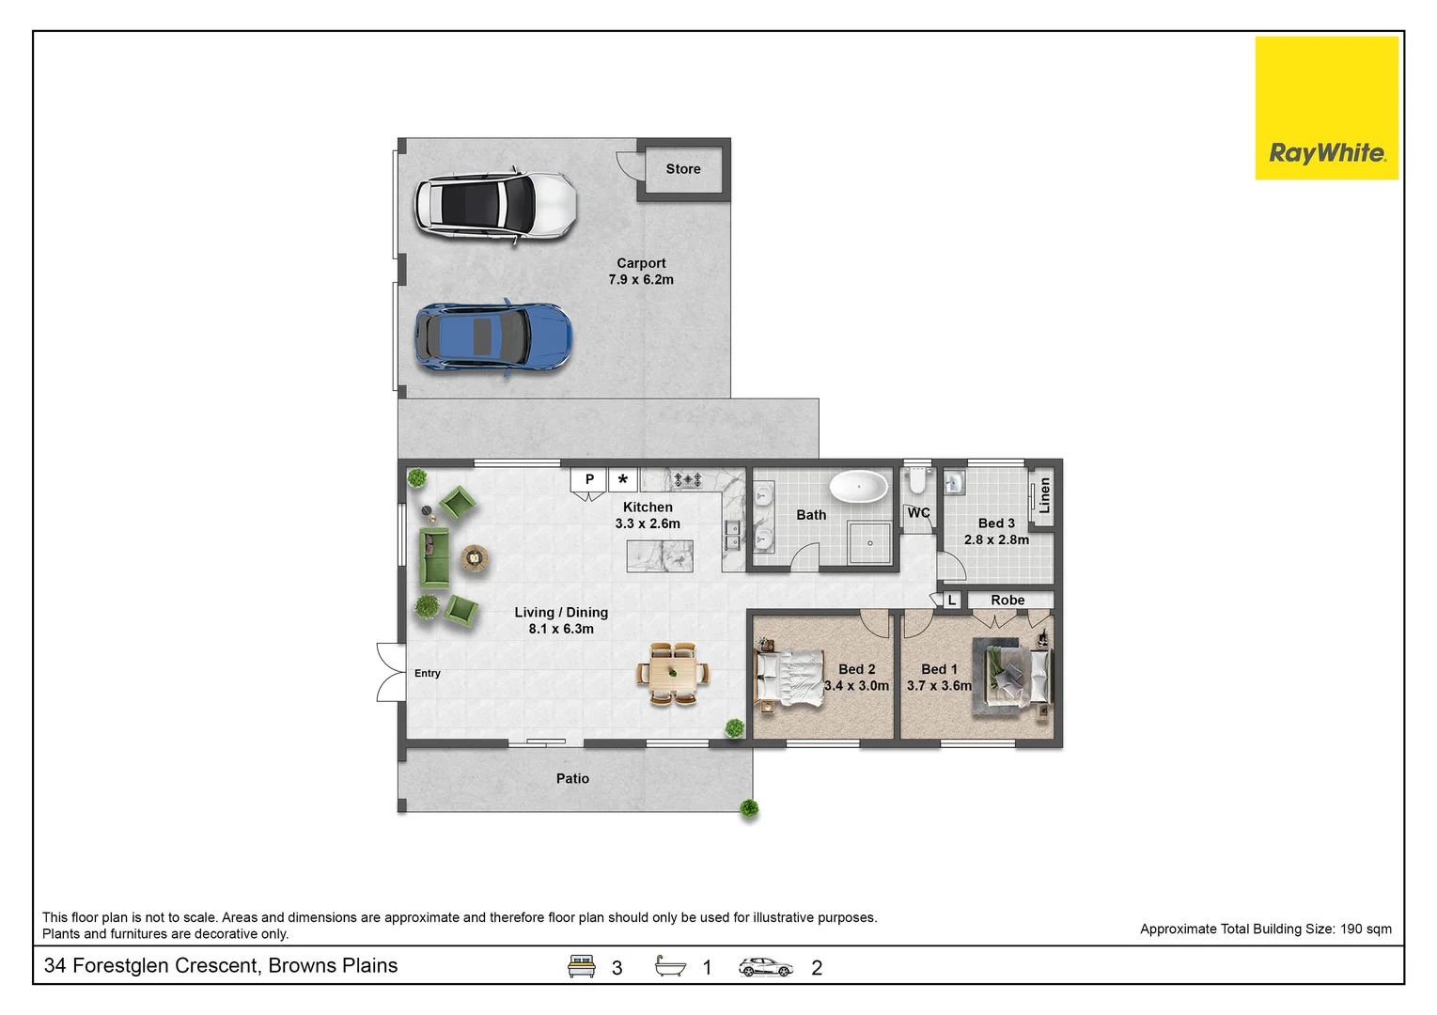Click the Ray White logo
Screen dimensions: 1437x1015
1327,108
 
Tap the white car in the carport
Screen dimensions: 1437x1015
495,206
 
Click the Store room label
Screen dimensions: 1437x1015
682,169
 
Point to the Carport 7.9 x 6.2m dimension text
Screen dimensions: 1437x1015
641,272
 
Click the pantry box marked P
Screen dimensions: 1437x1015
589,479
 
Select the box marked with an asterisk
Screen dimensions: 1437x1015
622,479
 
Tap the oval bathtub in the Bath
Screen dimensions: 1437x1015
858,487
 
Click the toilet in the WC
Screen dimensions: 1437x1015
918,480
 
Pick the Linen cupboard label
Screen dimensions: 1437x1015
1044,494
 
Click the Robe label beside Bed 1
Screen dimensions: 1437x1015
1007,600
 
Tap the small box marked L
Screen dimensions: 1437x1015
952,601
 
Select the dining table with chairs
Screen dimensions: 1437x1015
673,674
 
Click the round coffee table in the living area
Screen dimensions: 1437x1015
475,559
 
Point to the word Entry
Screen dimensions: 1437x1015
428,673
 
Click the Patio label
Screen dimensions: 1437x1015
572,778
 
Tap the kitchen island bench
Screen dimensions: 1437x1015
660,556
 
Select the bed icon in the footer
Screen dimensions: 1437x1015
581,966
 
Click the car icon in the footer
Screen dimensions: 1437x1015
765,967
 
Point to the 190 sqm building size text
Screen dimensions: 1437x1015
1366,929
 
